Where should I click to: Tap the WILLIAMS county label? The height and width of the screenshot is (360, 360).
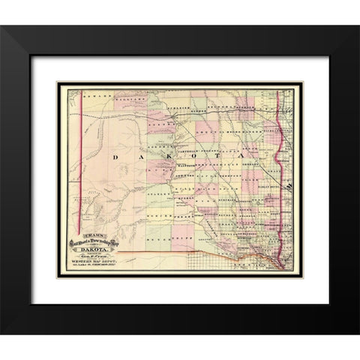[127, 97]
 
